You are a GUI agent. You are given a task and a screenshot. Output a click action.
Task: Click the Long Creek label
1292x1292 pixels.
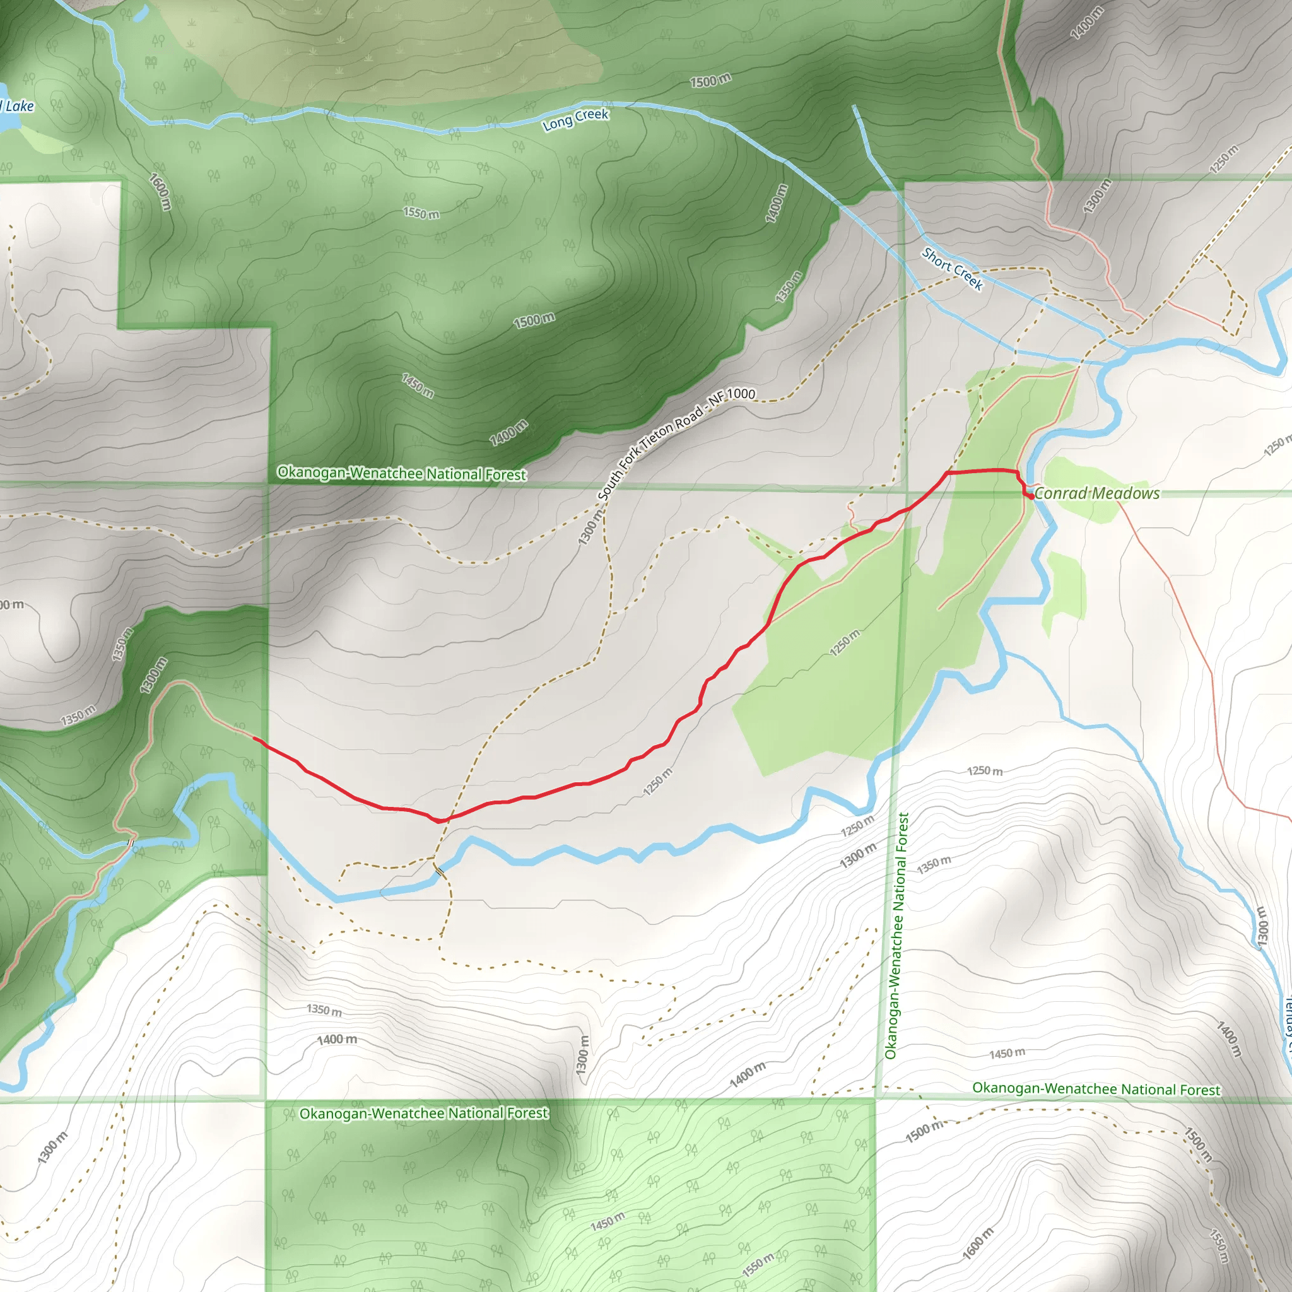(575, 119)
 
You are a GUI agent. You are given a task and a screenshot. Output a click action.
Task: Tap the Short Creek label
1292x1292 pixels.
(952, 269)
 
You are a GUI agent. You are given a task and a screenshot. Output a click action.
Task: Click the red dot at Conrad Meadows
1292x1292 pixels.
(1032, 496)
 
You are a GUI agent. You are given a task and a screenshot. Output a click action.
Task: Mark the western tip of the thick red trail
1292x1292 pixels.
(255, 738)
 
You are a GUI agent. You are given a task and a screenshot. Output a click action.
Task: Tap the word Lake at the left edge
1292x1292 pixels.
(20, 105)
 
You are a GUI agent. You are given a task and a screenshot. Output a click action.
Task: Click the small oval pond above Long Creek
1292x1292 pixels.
(141, 13)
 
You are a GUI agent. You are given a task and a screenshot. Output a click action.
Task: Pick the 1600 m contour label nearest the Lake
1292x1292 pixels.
(160, 191)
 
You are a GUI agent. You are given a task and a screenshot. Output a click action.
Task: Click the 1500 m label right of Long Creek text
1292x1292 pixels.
(710, 81)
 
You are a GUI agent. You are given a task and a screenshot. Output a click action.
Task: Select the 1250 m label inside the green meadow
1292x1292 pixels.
(845, 643)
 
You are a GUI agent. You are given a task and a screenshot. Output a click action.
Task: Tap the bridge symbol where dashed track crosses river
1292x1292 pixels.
(438, 871)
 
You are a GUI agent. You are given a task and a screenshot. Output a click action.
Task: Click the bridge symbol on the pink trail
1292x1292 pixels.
(131, 843)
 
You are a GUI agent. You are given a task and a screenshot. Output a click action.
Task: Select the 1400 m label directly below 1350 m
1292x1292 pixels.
(337, 1040)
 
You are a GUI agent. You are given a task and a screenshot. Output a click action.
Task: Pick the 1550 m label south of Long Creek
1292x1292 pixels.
(421, 213)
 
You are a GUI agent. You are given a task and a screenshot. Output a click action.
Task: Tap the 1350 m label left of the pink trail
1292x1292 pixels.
(78, 715)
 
